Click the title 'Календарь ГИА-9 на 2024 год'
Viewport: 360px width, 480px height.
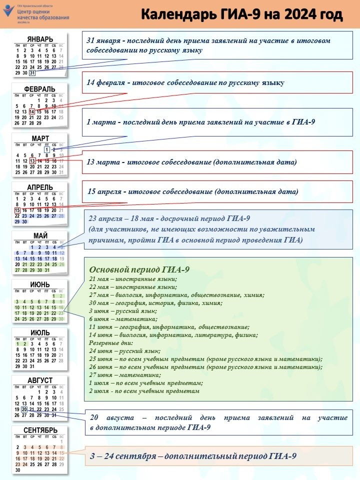pos(241,15)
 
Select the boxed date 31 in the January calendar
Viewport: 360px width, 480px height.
pos(32,73)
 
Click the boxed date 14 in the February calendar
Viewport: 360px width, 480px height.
pos(32,111)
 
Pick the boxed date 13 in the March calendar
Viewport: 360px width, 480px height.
pos(32,161)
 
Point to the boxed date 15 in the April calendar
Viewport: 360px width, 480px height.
pos(17,210)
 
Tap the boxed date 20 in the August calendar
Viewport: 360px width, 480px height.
pos(24,409)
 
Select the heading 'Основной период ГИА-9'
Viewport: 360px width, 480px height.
pos(139,269)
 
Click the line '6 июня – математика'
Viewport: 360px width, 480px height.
pos(123,319)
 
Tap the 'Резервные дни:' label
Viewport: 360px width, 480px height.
pos(111,343)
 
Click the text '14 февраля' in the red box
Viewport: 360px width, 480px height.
pos(105,82)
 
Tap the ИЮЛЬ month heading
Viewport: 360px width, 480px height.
pos(40,332)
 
